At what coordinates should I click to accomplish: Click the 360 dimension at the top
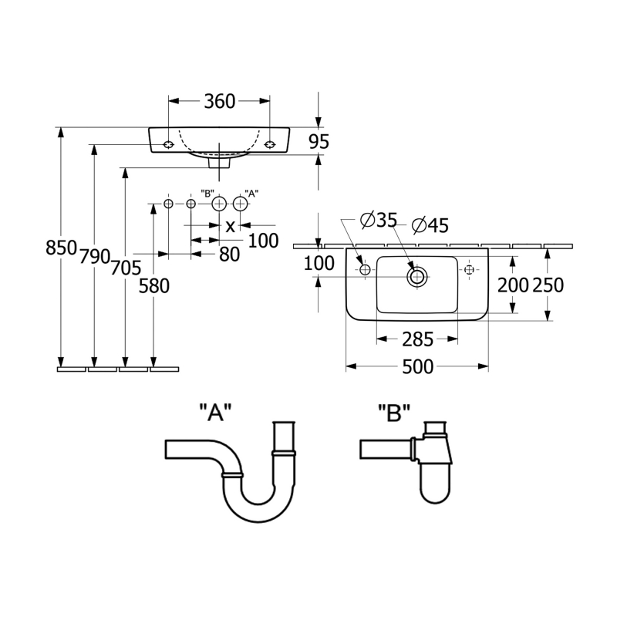point(219,101)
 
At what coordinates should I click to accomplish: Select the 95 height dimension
point(319,141)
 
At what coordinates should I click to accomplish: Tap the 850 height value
point(61,248)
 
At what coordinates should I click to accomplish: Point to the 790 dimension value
point(95,258)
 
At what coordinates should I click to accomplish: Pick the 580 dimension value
point(154,286)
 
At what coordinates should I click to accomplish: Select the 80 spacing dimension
point(229,255)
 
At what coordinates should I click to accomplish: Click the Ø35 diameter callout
point(378,221)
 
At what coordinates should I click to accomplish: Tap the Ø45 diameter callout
point(430,225)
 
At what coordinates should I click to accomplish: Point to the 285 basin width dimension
point(417,339)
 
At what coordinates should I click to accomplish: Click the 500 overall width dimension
point(417,367)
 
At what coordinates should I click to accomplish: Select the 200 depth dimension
point(513,285)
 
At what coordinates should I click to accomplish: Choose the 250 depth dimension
point(548,285)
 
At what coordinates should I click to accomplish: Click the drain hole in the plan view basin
point(417,276)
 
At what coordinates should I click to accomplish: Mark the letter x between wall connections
point(230,226)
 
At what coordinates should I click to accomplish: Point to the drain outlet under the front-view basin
point(220,162)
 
